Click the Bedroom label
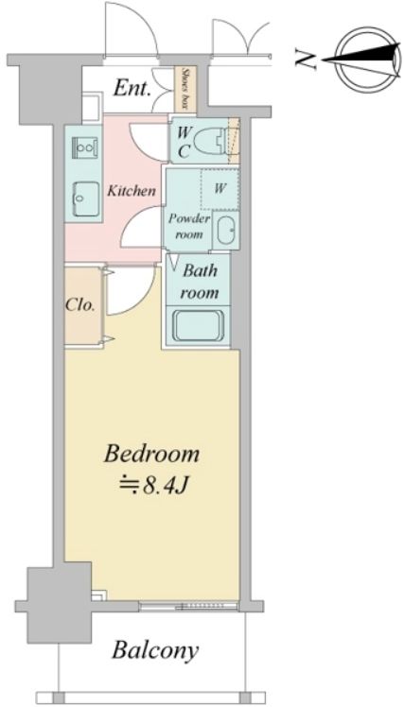(x=151, y=454)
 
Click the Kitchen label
(x=132, y=190)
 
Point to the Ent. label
(x=132, y=89)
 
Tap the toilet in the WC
(x=216, y=140)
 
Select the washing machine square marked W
(x=220, y=189)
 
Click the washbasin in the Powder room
(x=226, y=231)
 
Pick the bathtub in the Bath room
(x=199, y=325)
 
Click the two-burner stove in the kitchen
(x=86, y=147)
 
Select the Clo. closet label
(x=79, y=305)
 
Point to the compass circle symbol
(x=369, y=59)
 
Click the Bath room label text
(x=199, y=282)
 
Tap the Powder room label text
(x=189, y=227)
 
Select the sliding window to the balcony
(x=188, y=606)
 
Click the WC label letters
(x=183, y=143)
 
